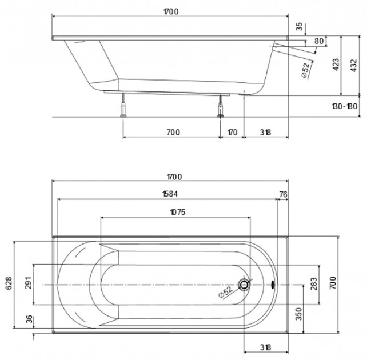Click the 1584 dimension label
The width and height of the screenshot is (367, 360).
coord(170,194)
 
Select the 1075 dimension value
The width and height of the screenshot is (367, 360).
coord(178,212)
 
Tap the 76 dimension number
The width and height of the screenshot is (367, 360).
coord(283,194)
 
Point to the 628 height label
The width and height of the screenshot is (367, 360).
coord(9,283)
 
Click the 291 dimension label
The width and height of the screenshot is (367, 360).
coord(29,283)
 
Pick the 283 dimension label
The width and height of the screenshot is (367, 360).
coord(314,284)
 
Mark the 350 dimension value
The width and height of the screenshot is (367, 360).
coord(299,314)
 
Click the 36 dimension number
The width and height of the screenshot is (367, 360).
coord(29,319)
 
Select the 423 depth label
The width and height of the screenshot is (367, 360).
coord(336,65)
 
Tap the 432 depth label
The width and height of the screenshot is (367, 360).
coord(354,66)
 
